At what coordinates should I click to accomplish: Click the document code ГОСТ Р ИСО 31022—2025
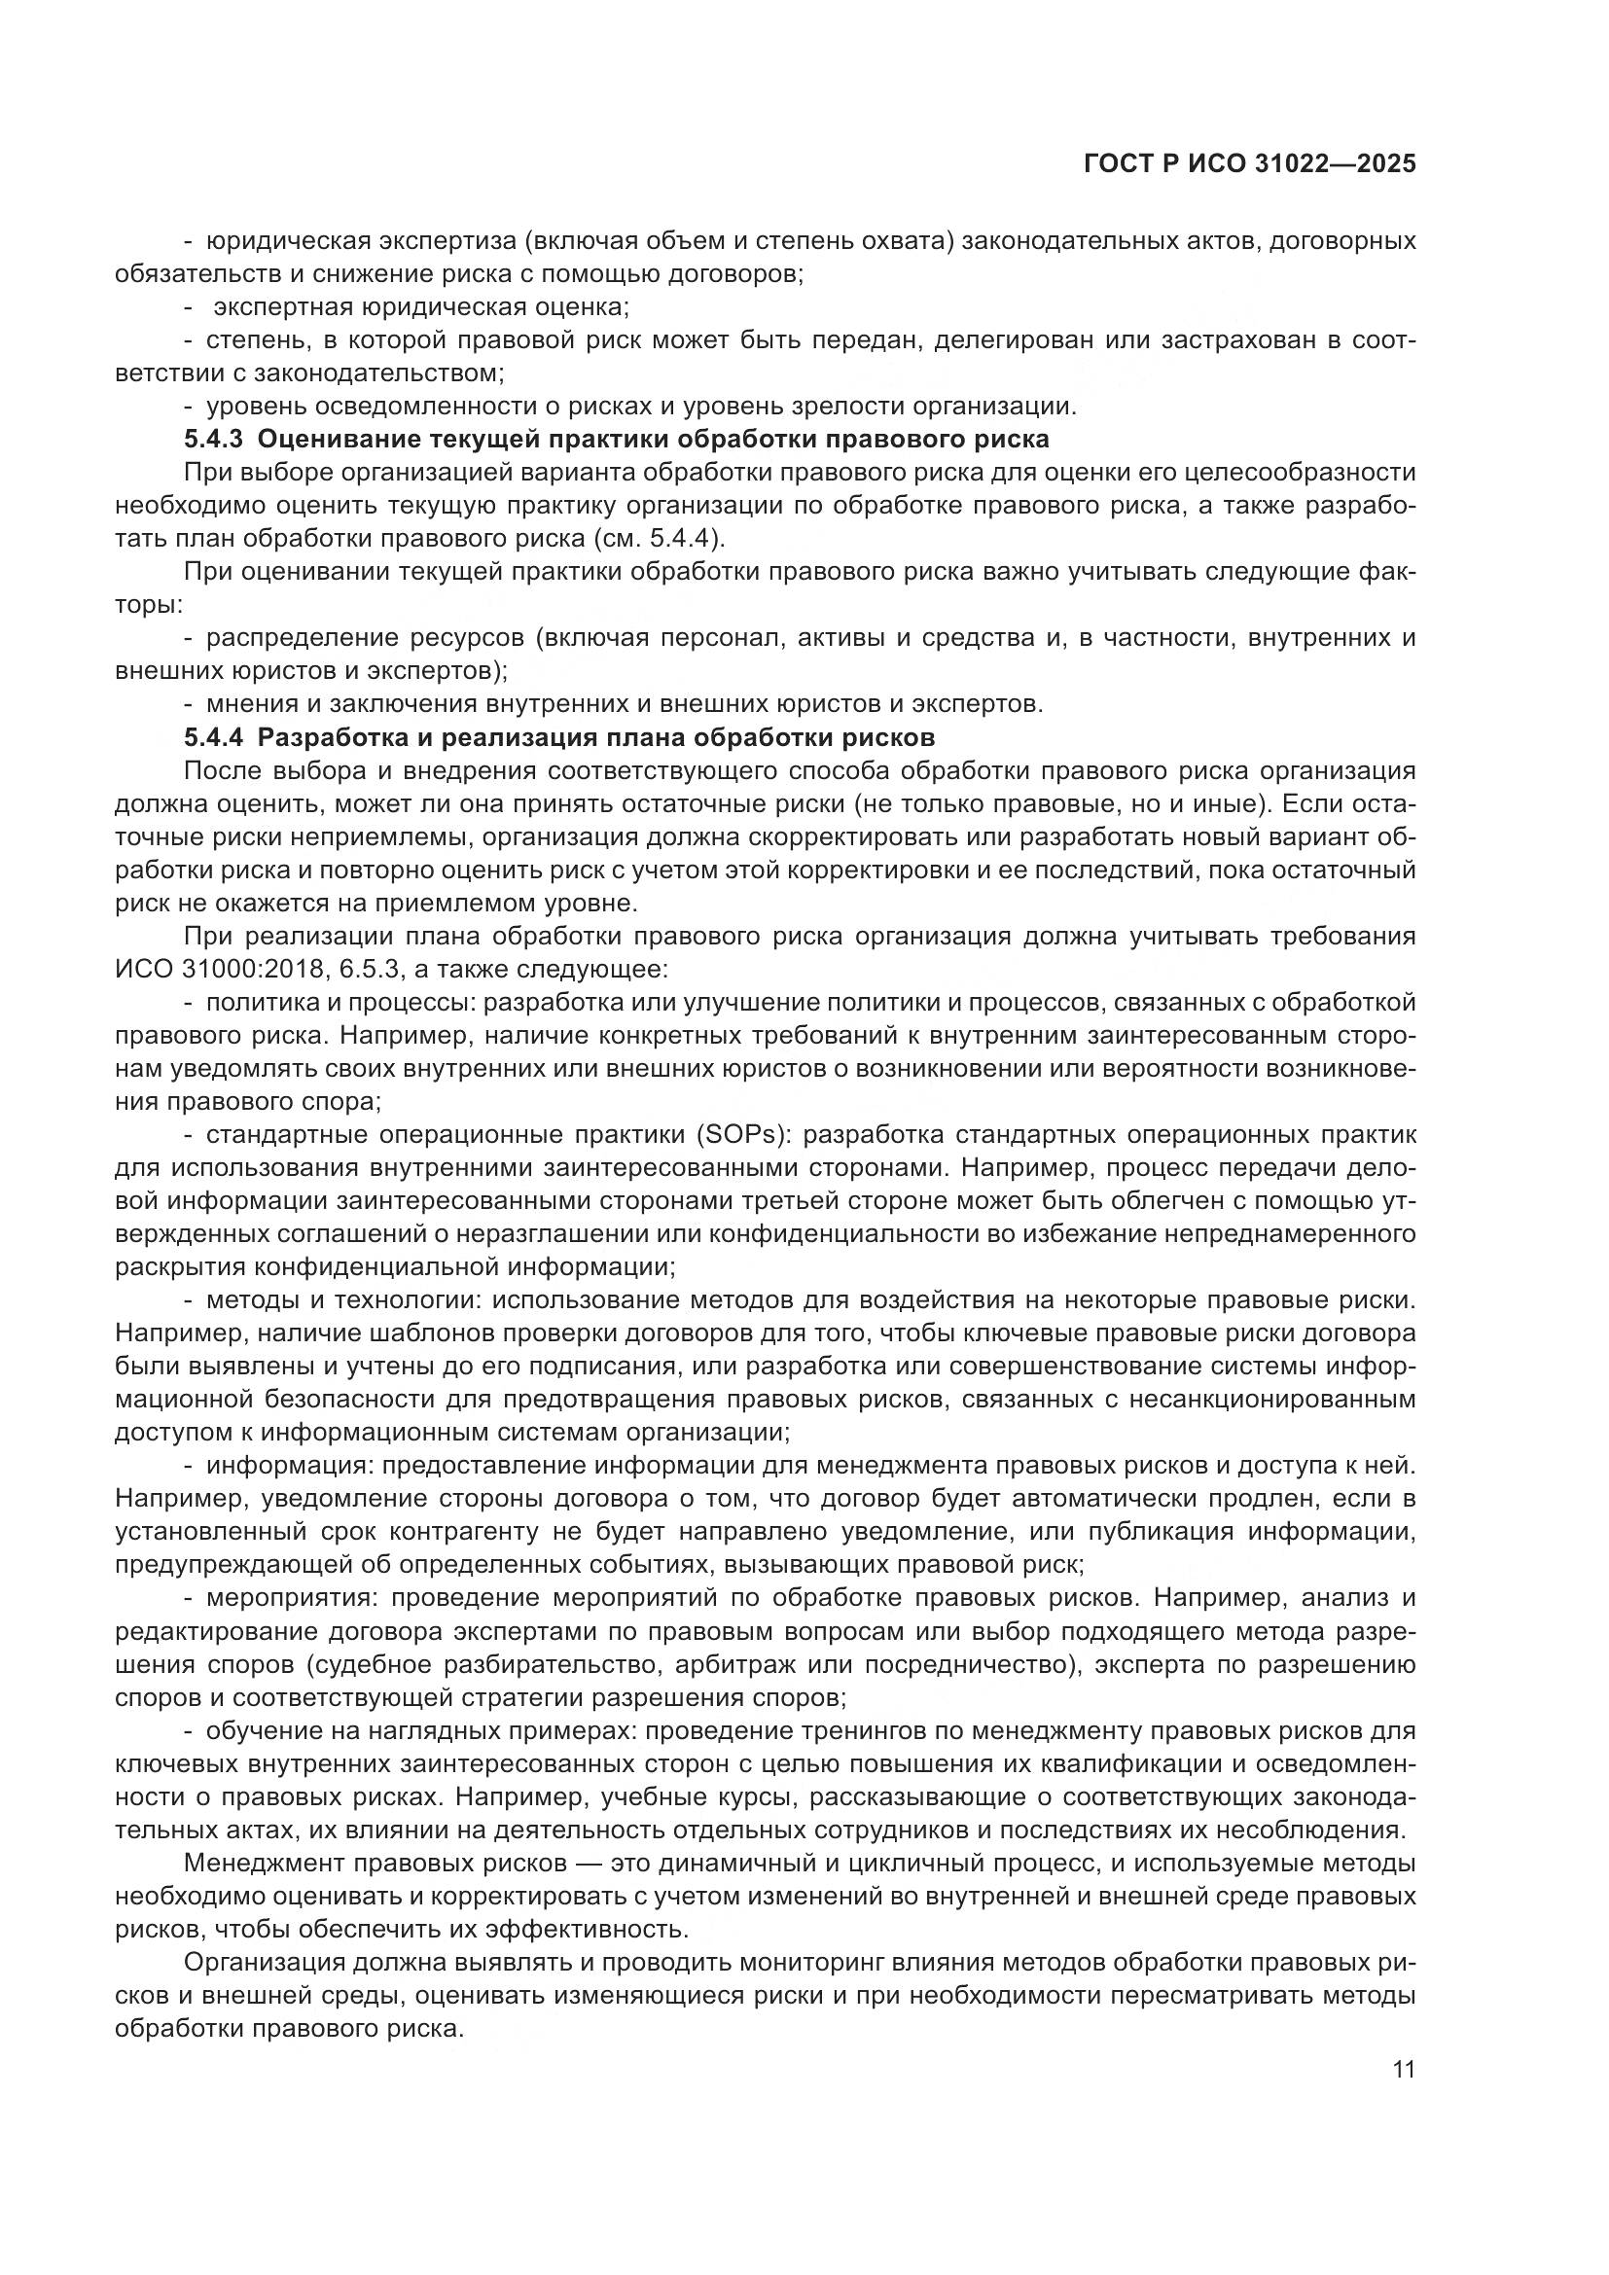1249,164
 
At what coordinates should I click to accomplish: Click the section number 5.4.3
213,439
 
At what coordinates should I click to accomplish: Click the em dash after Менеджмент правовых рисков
589,1864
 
